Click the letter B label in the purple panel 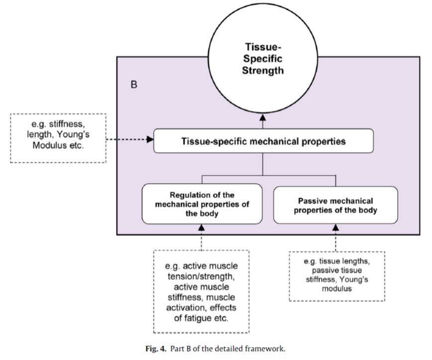point(134,85)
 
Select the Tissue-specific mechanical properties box point(263,141)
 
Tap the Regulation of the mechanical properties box point(202,204)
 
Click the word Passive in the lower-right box point(313,201)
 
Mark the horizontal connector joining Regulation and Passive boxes point(269,175)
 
